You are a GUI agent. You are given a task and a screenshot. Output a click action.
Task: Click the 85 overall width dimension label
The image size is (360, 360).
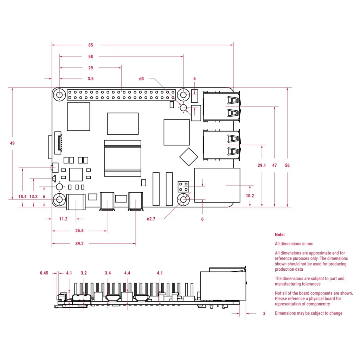[x=91, y=45]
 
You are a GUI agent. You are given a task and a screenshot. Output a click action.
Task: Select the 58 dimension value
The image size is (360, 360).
[x=91, y=57]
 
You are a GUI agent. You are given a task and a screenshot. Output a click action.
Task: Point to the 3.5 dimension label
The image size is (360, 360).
[x=91, y=79]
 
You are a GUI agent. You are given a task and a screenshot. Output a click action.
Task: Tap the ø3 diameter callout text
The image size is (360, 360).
[x=142, y=79]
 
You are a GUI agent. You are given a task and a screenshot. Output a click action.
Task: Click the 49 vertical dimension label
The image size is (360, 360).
[x=13, y=143]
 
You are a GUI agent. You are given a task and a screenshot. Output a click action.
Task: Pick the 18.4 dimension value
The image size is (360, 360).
[x=22, y=197]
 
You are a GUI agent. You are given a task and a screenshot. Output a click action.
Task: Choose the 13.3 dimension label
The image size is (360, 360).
[x=33, y=197]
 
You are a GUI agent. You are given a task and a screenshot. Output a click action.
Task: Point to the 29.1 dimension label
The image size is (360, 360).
[x=262, y=165]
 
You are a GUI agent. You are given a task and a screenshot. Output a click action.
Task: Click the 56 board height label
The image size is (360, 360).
[x=287, y=165]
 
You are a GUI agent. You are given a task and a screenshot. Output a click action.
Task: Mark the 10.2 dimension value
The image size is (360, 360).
[x=250, y=196]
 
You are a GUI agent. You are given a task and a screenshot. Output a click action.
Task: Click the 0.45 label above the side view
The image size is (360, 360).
[x=44, y=273]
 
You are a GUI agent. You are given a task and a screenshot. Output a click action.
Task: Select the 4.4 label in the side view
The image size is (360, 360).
[x=127, y=273]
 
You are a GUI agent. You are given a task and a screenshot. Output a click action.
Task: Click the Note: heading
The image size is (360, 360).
[x=280, y=234]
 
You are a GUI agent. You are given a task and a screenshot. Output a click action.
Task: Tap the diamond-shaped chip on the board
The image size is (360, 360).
[x=188, y=156]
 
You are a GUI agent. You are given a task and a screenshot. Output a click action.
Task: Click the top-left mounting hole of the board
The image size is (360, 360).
[x=59, y=95]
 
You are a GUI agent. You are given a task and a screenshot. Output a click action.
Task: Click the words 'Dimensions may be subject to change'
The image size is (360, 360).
[x=308, y=313]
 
